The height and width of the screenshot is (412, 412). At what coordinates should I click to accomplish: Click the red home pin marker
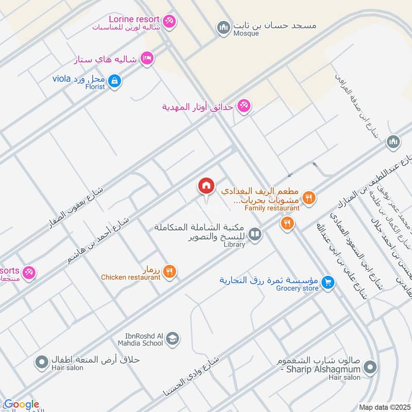pos(206,186)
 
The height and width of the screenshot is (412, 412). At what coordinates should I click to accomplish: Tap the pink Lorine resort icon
pos(170,21)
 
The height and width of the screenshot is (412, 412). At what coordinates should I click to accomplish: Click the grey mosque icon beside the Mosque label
pos(223,27)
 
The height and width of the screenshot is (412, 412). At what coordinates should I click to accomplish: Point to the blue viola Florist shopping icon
pos(115,80)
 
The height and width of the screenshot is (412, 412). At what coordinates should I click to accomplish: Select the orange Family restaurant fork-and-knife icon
pos(308,197)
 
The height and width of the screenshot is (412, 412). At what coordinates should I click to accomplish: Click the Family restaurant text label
pos(272,208)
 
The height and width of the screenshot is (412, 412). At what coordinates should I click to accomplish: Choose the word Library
pos(234,245)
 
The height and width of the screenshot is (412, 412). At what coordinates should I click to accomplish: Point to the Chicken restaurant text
pos(131,277)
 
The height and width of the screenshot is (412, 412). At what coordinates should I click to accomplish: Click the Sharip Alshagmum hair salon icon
pos(369,367)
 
